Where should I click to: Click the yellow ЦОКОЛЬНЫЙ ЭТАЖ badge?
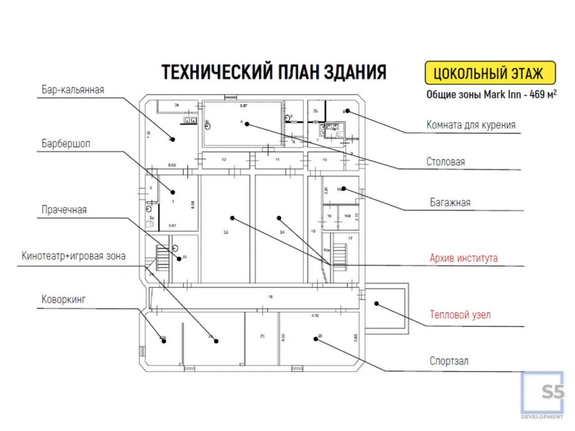(490, 74)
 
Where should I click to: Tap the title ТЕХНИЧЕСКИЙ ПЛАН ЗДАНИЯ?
(274, 73)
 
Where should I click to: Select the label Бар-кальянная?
(72, 90)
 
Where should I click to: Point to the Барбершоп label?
(66, 143)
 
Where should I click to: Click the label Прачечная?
(64, 210)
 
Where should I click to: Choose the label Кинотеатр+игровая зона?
(74, 256)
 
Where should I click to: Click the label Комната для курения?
(471, 125)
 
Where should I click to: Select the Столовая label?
(446, 162)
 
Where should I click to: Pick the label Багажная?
(450, 202)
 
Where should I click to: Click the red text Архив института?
(463, 258)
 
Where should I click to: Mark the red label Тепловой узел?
(460, 315)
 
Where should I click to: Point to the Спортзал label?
(449, 361)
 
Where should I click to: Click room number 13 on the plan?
(226, 232)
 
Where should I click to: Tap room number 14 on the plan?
(282, 232)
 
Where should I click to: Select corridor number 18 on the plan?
(270, 297)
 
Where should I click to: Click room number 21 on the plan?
(262, 336)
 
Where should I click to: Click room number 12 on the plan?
(224, 159)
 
